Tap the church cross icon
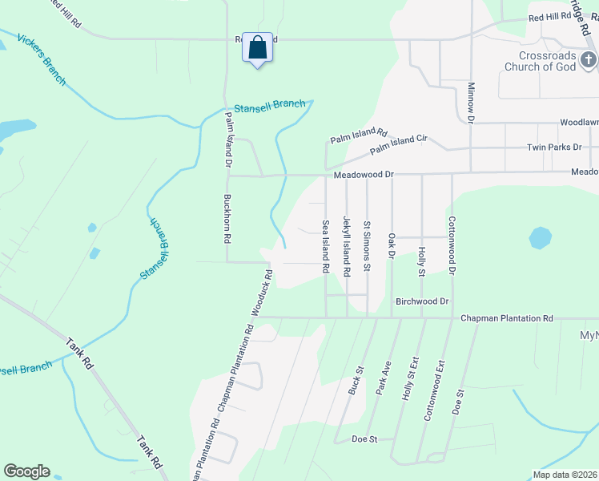pyautogui.click(x=588, y=60)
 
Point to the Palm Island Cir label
pyautogui.click(x=398, y=145)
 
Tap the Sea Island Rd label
pyautogui.click(x=326, y=248)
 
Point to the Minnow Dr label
pyautogui.click(x=471, y=102)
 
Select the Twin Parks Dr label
pyautogui.click(x=553, y=148)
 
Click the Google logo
pyautogui.click(x=26, y=471)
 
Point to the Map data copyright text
pyautogui.click(x=564, y=475)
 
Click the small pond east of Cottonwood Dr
pyautogui.click(x=541, y=238)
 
